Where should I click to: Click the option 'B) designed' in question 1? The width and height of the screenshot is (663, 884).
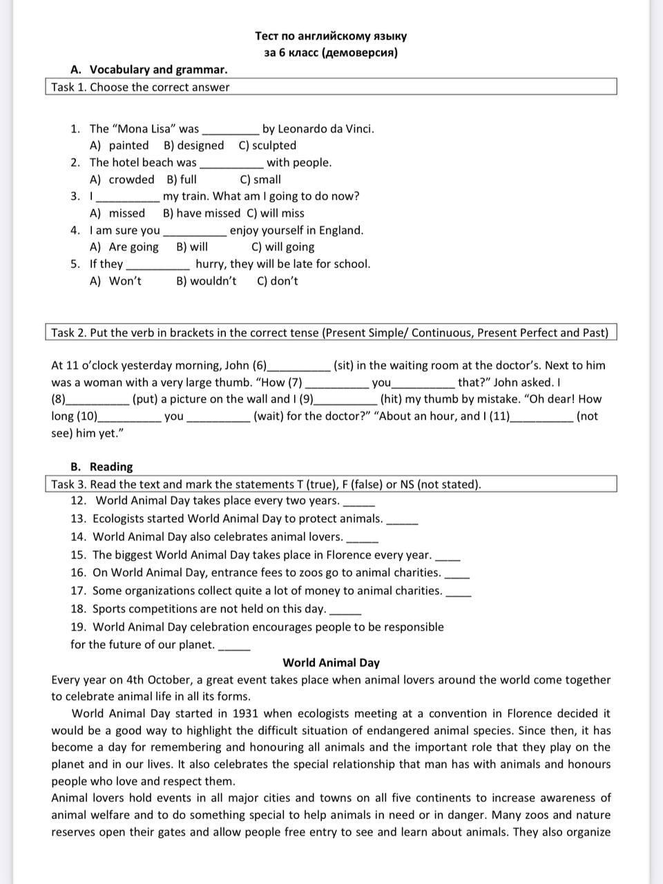coord(193,145)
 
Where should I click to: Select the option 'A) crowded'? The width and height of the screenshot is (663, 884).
coord(122,179)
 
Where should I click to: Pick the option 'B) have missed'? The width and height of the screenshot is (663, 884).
coord(201,213)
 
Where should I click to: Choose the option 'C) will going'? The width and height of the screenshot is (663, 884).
coord(282,247)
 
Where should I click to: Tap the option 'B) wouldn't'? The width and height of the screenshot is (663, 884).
coord(206,280)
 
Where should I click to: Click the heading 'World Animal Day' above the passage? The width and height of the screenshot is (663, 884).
coord(331,662)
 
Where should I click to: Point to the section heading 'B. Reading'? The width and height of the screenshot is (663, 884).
coord(102,466)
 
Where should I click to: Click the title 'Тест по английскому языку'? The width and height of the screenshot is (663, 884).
coord(331,36)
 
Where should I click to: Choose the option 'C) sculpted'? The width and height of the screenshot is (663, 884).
coord(267,145)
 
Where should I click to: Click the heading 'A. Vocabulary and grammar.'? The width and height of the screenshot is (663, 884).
coord(148,69)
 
